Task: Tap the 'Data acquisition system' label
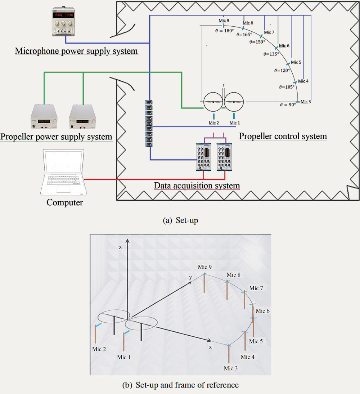tap(197, 186)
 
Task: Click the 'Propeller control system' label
tap(283, 136)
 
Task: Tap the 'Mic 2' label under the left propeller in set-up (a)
tap(214, 124)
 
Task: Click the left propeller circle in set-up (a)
tap(213, 102)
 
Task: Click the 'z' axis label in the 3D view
tap(121, 248)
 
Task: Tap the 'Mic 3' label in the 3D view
tap(230, 368)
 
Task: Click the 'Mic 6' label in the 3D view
tap(262, 311)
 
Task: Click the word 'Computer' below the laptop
tap(64, 202)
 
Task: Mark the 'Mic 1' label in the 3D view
tap(124, 357)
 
